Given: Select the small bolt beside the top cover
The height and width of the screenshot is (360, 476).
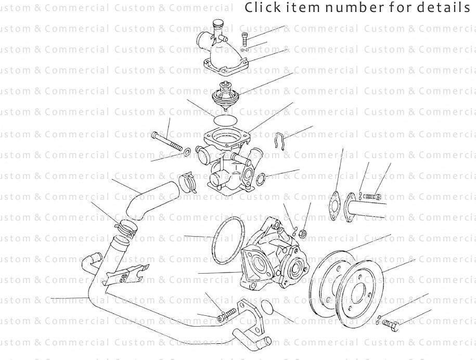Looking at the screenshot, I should (246, 39).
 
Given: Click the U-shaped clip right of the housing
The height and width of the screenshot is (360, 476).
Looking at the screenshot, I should (279, 140).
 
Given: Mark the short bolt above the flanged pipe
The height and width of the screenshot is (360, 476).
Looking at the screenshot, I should (372, 197).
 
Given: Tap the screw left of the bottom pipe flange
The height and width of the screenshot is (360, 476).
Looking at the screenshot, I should (226, 314).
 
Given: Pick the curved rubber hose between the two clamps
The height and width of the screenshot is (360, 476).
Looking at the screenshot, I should (151, 198).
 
